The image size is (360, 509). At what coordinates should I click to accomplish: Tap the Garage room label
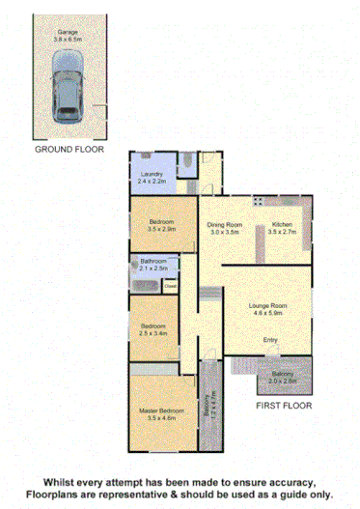68,32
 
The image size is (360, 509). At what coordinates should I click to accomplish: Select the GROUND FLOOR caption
67,150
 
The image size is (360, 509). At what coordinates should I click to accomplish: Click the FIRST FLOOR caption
284,407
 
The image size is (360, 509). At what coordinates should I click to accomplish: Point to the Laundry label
153,174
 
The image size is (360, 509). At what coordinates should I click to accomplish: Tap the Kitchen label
283,226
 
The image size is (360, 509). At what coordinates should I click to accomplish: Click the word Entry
270,341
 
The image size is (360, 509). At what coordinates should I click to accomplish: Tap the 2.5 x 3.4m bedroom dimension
153,333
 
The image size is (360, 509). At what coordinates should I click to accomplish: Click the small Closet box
170,285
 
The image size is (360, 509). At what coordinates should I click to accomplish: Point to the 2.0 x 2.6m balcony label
283,380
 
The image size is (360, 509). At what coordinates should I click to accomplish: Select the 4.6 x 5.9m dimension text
269,312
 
